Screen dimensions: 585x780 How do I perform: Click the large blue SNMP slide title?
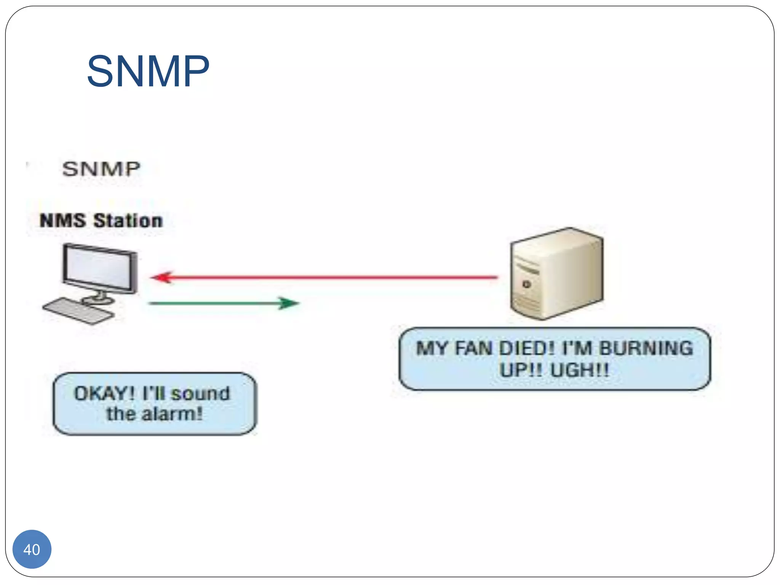coord(148,71)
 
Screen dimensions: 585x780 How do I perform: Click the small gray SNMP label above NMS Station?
coord(101,169)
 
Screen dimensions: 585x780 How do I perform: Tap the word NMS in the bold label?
coord(62,221)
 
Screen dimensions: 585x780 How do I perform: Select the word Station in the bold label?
coord(128,221)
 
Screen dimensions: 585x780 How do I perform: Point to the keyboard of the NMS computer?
coord(78,311)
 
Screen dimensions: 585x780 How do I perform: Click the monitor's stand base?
coord(98,300)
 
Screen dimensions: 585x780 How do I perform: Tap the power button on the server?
coord(527,284)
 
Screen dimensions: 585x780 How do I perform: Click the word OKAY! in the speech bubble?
coord(104,393)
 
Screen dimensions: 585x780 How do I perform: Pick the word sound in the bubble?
coord(201,393)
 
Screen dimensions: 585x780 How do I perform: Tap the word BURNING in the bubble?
coord(646,348)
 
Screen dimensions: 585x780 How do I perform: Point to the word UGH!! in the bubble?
coord(580,369)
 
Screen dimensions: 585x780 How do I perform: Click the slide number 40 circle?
coord(32,549)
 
